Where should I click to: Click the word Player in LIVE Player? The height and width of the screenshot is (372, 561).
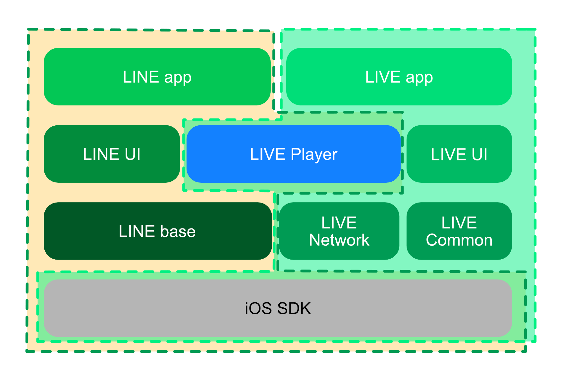pyautogui.click(x=314, y=155)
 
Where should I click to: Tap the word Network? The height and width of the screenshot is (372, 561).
pyautogui.click(x=339, y=240)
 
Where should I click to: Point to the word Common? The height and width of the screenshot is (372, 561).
pyautogui.click(x=459, y=240)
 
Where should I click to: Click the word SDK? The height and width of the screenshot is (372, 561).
pyautogui.click(x=294, y=308)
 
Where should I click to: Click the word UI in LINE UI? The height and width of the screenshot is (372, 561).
pyautogui.click(x=132, y=154)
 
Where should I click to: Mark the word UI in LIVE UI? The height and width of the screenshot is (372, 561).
pyautogui.click(x=479, y=155)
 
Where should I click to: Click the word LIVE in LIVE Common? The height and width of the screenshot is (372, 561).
pyautogui.click(x=459, y=223)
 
